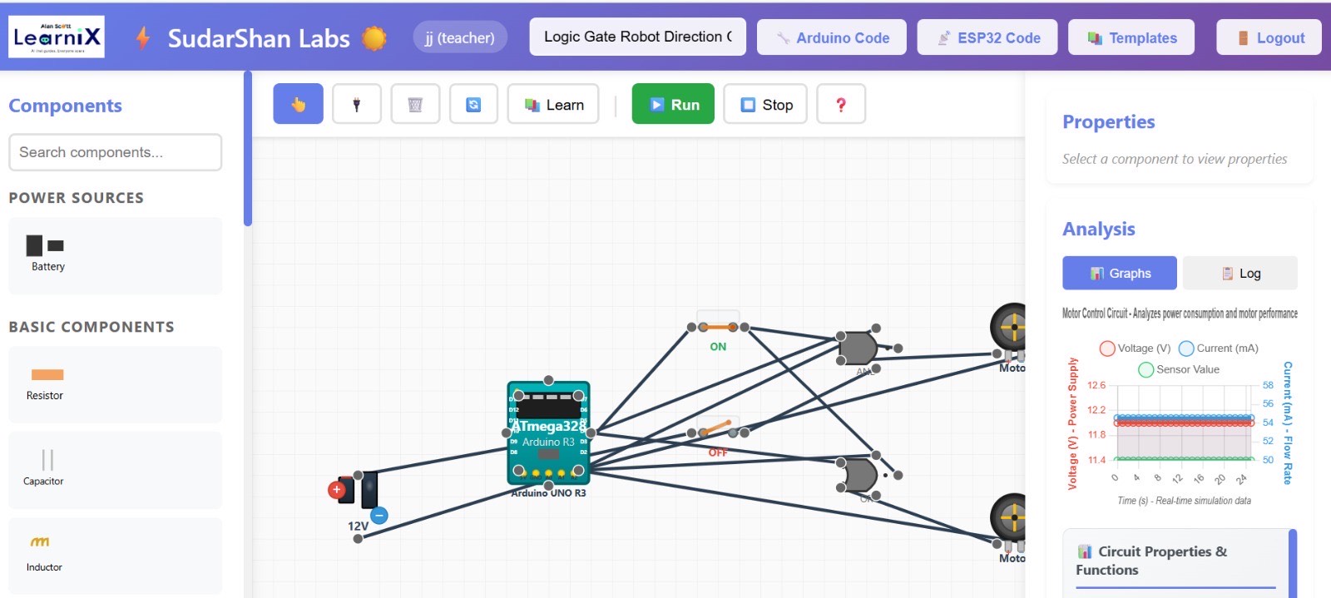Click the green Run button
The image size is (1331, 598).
(x=672, y=104)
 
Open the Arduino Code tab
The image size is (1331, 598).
(x=831, y=37)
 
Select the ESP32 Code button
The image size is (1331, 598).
(x=987, y=37)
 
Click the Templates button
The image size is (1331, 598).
(x=1131, y=37)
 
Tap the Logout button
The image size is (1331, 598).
(x=1269, y=37)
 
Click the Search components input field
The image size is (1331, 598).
(x=115, y=152)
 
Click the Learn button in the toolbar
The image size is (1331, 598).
(x=553, y=104)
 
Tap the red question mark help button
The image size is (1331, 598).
(x=840, y=104)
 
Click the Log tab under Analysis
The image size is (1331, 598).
(x=1239, y=273)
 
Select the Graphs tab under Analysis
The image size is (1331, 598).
(x=1119, y=273)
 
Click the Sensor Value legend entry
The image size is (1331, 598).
(x=1179, y=369)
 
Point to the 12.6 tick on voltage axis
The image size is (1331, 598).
(x=1096, y=385)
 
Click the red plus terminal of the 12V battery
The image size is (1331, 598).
(x=337, y=490)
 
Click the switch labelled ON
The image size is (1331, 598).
(x=717, y=328)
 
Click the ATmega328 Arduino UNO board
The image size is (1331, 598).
(x=548, y=433)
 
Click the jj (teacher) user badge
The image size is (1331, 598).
(x=459, y=37)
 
